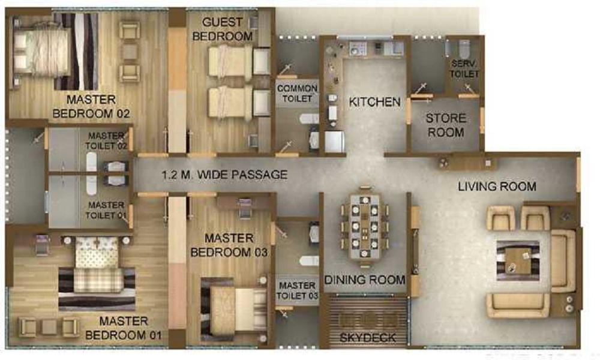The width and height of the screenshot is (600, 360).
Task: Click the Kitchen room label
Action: (374, 102)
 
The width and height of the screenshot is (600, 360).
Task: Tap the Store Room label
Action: (446, 125)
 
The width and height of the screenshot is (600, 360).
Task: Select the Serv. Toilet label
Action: (465, 68)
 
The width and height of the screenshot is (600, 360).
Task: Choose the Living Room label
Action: (497, 187)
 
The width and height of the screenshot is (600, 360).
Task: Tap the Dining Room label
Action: (365, 280)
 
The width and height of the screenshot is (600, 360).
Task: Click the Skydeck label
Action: (368, 338)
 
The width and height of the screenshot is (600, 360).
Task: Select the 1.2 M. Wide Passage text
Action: (224, 175)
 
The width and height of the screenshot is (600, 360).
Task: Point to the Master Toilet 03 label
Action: (297, 290)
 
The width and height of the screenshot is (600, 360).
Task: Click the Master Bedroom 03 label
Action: (229, 245)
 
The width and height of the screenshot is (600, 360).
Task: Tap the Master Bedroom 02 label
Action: (92, 106)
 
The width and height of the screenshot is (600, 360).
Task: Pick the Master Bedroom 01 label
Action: (123, 328)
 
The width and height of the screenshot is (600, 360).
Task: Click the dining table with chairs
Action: (365, 227)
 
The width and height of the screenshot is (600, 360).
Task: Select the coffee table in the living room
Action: (517, 259)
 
